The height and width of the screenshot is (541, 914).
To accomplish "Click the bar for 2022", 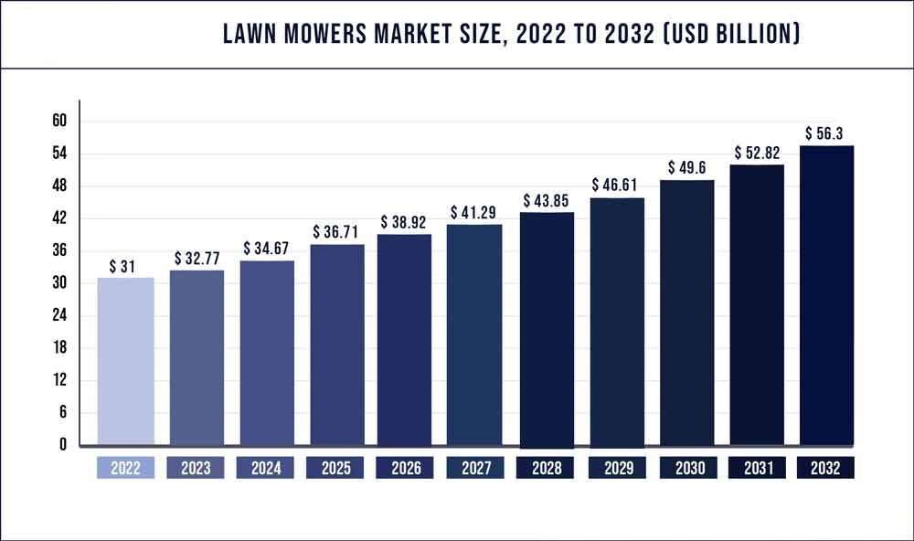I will pyautogui.click(x=125, y=361).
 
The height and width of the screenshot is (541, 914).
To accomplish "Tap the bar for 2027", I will pyautogui.click(x=473, y=334).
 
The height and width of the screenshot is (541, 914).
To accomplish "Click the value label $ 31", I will pyautogui.click(x=124, y=266).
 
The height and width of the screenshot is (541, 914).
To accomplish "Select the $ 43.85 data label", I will pyautogui.click(x=547, y=200).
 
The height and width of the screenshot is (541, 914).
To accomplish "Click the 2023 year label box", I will pyautogui.click(x=196, y=468).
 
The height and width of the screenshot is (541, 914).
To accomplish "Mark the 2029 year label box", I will pyautogui.click(x=616, y=468).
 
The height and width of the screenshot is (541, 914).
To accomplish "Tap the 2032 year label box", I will pyautogui.click(x=826, y=468).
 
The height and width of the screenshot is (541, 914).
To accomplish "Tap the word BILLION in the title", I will pyautogui.click(x=746, y=35).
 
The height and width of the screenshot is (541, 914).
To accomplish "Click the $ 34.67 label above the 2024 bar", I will pyautogui.click(x=267, y=249).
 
